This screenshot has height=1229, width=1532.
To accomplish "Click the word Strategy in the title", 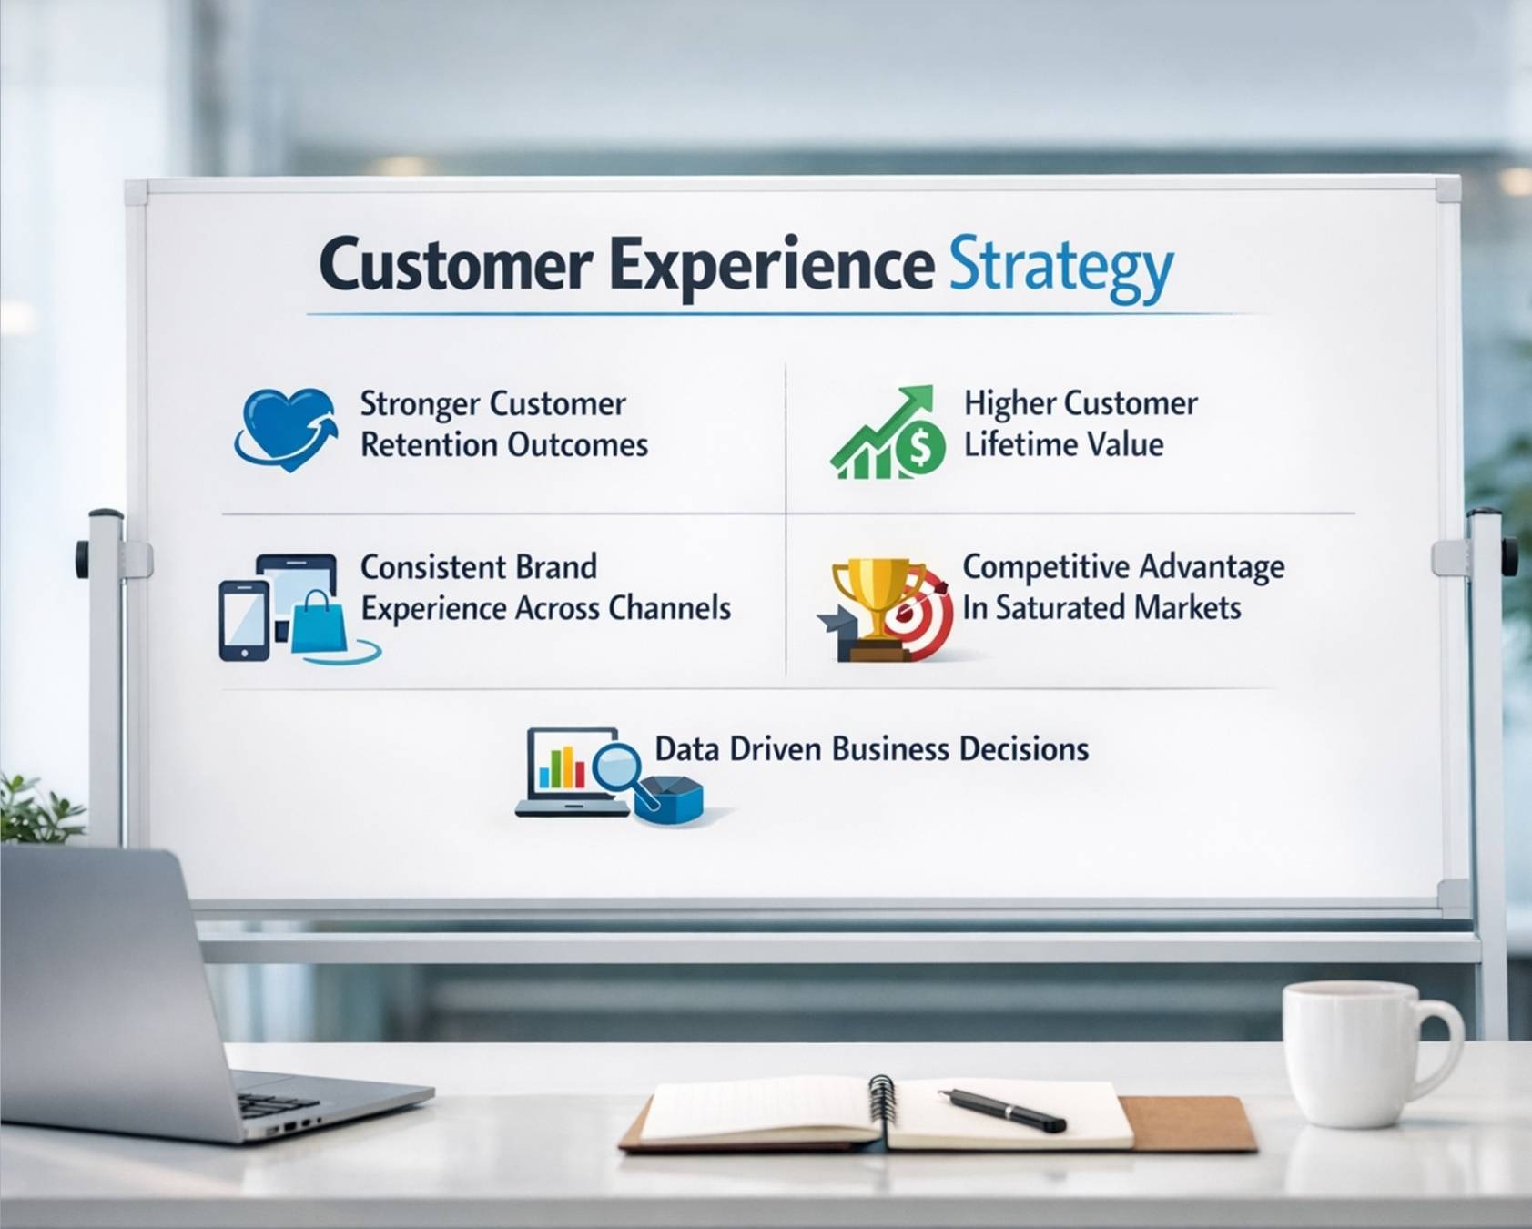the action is click(x=1060, y=268).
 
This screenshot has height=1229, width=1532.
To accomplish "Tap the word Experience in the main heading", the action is click(x=772, y=266).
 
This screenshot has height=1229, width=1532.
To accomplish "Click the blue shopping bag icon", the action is click(x=319, y=623).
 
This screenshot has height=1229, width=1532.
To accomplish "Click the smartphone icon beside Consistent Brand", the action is click(x=244, y=620).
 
